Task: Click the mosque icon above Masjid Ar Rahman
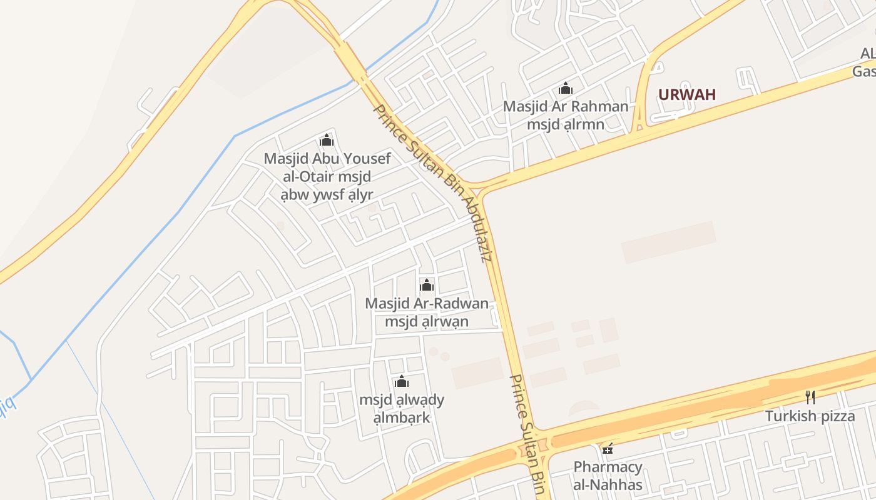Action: click(566, 88)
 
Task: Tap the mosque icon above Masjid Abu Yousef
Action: click(327, 140)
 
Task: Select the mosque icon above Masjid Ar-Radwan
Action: click(427, 285)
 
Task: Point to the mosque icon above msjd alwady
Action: click(402, 381)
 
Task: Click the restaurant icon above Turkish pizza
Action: click(810, 397)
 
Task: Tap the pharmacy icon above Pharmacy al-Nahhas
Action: click(607, 448)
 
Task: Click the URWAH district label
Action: click(686, 95)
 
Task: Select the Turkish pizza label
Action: click(810, 416)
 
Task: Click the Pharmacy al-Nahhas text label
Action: click(608, 476)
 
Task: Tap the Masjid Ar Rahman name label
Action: click(566, 115)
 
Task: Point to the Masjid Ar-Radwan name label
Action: click(427, 312)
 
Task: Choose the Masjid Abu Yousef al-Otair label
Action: click(327, 176)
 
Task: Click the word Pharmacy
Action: click(608, 467)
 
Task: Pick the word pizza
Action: click(834, 416)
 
